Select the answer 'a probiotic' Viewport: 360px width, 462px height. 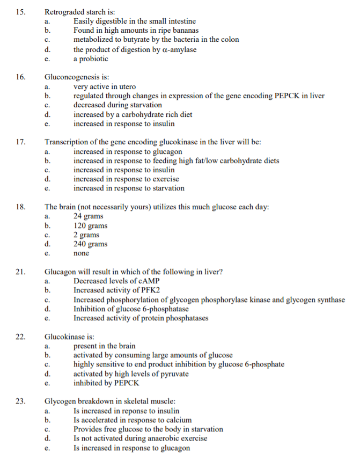point(94,58)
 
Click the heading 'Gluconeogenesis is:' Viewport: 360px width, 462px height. point(77,77)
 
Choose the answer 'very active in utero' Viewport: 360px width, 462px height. point(105,86)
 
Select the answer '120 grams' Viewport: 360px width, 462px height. point(90,226)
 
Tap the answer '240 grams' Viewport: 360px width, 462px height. point(90,244)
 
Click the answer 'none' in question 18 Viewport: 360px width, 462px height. point(82,253)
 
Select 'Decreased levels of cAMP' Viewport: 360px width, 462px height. point(116,281)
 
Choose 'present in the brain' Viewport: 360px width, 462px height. point(105,346)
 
